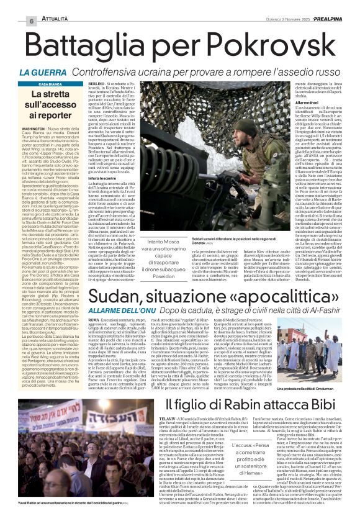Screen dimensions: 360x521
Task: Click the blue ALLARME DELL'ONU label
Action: (x=71, y=296)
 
